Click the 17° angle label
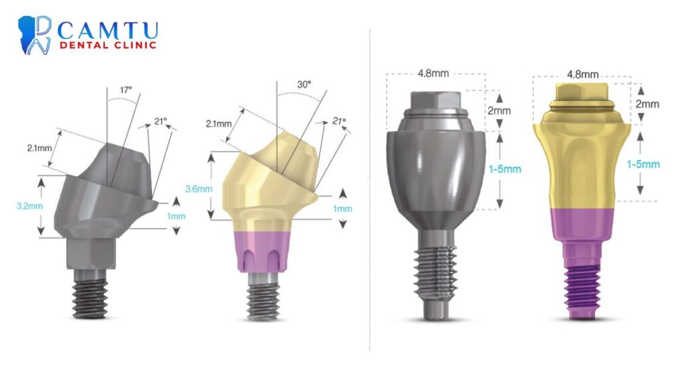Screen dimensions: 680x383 pyautogui.click(x=126, y=90)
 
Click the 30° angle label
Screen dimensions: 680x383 pyautogui.click(x=304, y=84)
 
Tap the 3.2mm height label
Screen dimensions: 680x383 pyautogui.click(x=29, y=206)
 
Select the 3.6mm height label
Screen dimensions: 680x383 pyautogui.click(x=199, y=189)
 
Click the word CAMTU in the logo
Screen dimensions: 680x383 pyautogui.click(x=108, y=31)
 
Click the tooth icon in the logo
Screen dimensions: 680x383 pyautogui.click(x=35, y=35)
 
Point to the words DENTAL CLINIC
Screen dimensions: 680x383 pyautogui.click(x=108, y=45)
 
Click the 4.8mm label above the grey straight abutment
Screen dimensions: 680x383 pyautogui.click(x=433, y=73)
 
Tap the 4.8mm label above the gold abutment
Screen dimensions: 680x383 pyautogui.click(x=583, y=74)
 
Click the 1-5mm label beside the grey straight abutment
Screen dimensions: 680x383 pyautogui.click(x=505, y=169)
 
